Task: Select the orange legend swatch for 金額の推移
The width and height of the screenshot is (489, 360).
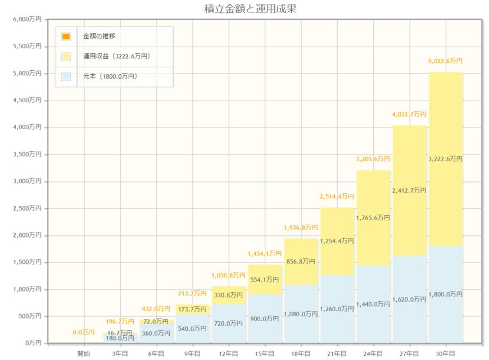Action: (66, 37)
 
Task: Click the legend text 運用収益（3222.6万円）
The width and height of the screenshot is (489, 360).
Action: (117, 56)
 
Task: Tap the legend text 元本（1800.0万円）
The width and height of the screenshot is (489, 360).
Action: (110, 76)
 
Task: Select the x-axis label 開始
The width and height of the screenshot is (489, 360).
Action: (84, 353)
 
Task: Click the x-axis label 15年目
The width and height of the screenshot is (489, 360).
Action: (265, 353)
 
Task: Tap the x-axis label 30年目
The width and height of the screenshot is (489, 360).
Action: (446, 353)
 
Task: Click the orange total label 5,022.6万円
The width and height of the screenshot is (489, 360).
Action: (446, 61)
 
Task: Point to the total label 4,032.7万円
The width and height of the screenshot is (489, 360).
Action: (409, 115)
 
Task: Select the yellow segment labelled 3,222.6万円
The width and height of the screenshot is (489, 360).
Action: (446, 159)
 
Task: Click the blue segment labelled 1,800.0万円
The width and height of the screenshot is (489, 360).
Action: (446, 294)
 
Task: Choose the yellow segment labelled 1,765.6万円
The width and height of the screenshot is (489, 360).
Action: (373, 217)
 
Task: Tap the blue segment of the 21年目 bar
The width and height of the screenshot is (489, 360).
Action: (337, 308)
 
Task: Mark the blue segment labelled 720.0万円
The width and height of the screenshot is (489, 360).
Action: (229, 323)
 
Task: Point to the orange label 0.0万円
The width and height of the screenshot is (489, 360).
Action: (84, 332)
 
